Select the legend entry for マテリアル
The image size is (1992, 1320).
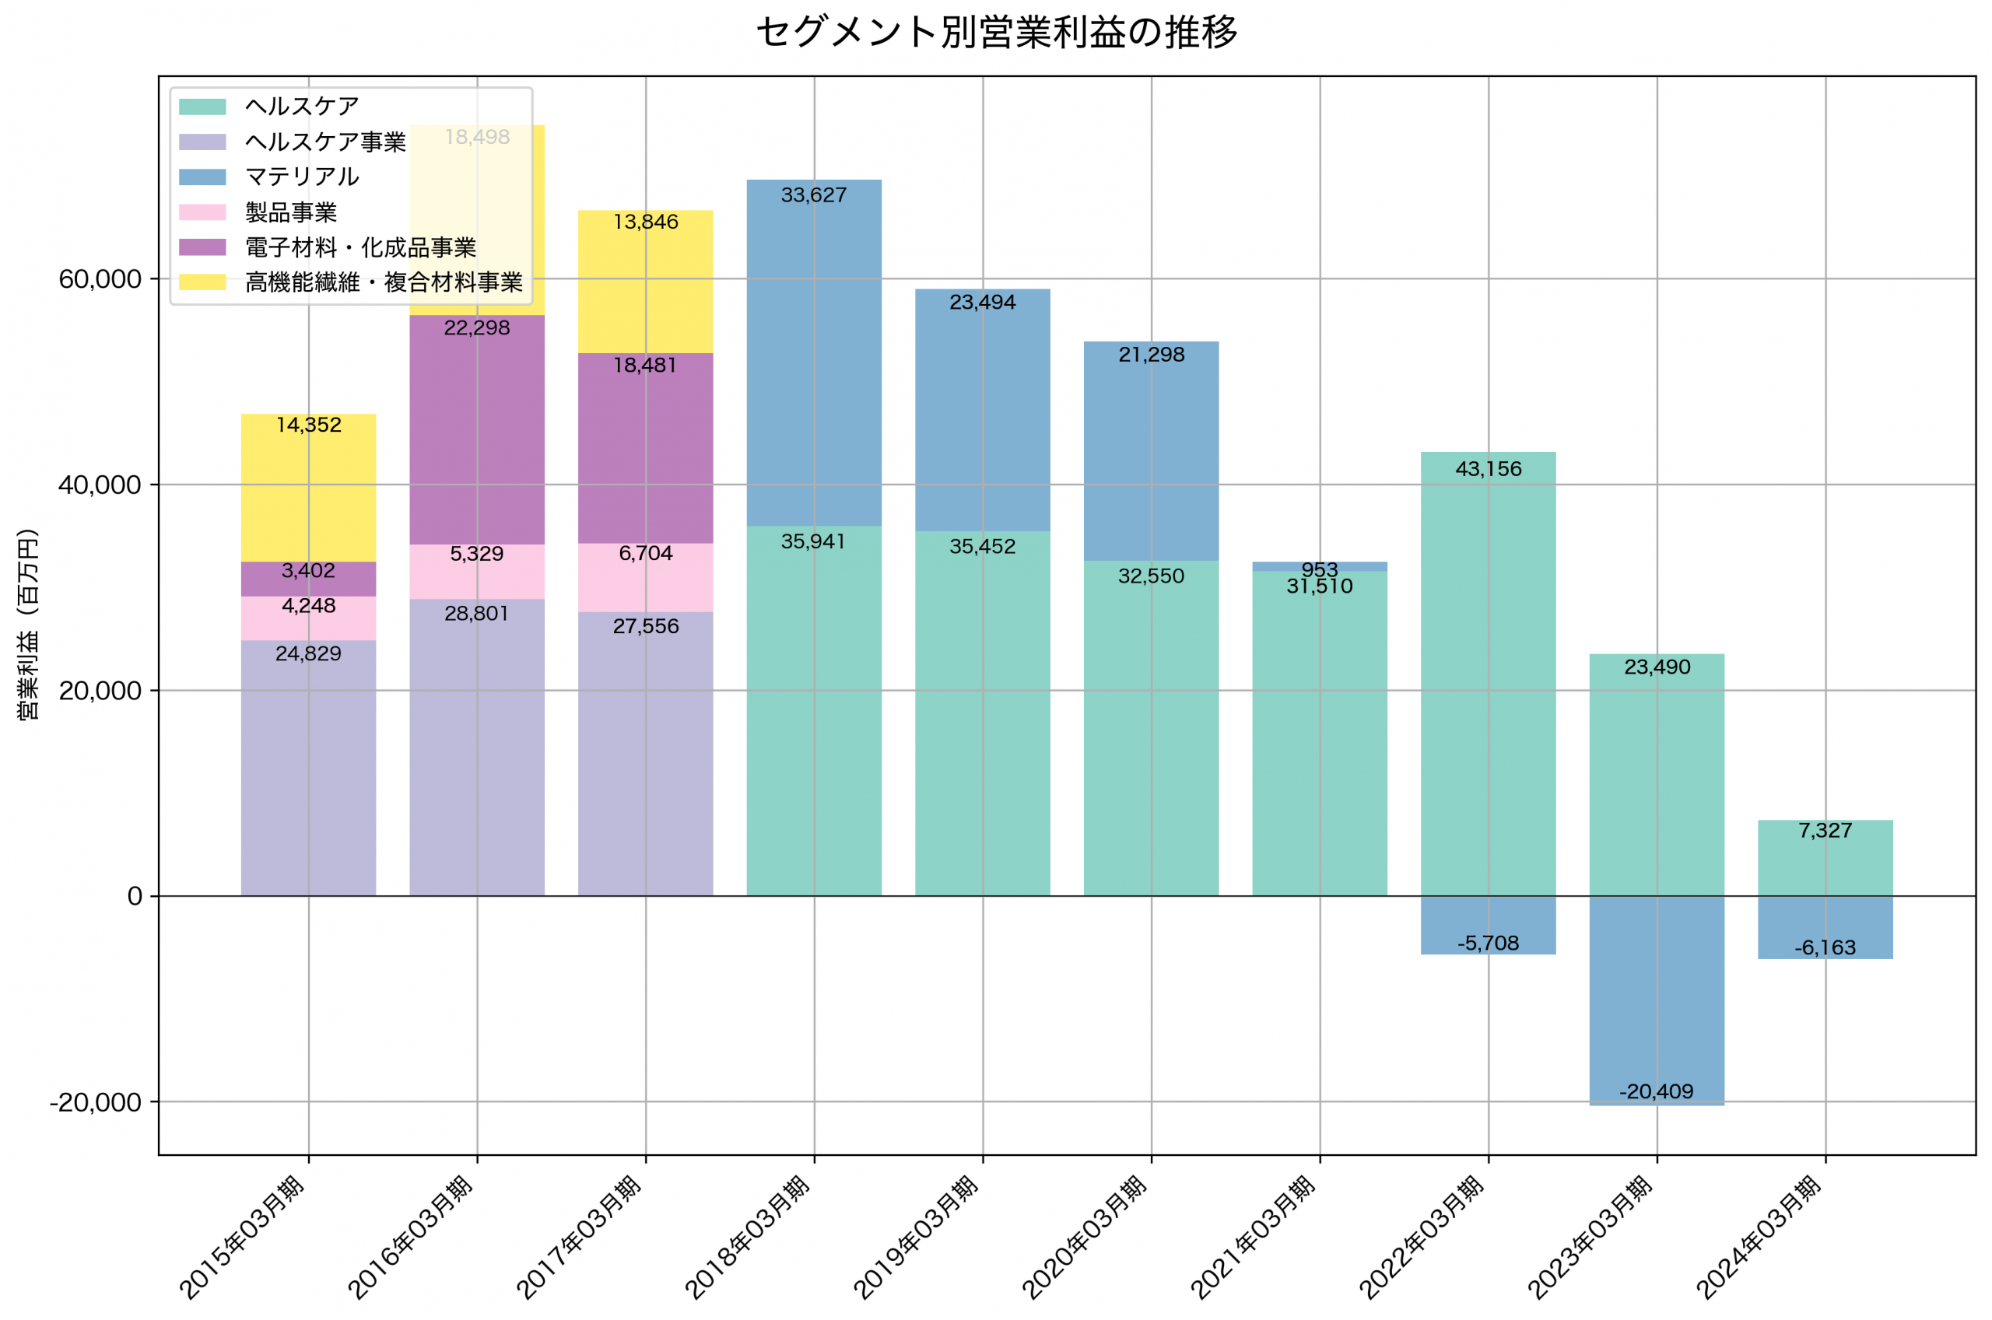click(301, 177)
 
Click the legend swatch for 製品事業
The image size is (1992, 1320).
click(202, 212)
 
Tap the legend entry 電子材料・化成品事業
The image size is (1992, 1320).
click(360, 247)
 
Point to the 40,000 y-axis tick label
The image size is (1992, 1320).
click(100, 485)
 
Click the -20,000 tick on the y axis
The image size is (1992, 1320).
click(94, 1102)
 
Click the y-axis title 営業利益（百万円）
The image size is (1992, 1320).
click(28, 625)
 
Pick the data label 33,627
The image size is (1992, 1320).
click(813, 195)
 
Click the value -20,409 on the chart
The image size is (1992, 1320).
click(1656, 1092)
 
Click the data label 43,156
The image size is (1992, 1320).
click(1488, 469)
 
